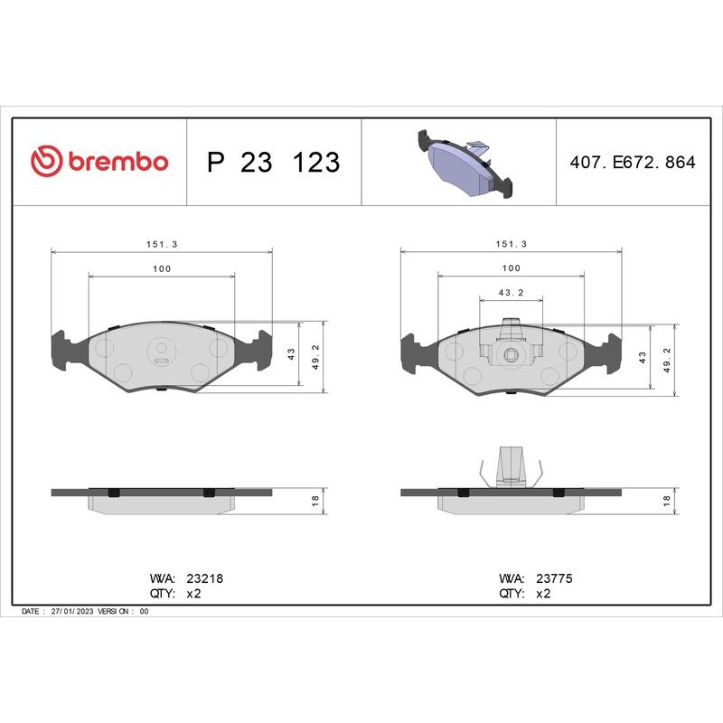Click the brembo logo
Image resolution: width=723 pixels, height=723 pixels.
[99, 162]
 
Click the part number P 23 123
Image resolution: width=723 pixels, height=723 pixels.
[273, 163]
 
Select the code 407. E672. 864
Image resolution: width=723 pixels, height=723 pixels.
[633, 163]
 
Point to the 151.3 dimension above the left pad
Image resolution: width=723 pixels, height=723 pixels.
[162, 244]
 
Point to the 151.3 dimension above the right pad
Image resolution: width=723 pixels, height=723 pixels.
[511, 244]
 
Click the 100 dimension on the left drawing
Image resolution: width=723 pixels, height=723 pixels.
[162, 268]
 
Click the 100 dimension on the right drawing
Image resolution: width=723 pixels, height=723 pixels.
[511, 268]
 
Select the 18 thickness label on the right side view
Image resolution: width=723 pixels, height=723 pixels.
[667, 500]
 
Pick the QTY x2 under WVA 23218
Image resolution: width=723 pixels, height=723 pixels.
[192, 594]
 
